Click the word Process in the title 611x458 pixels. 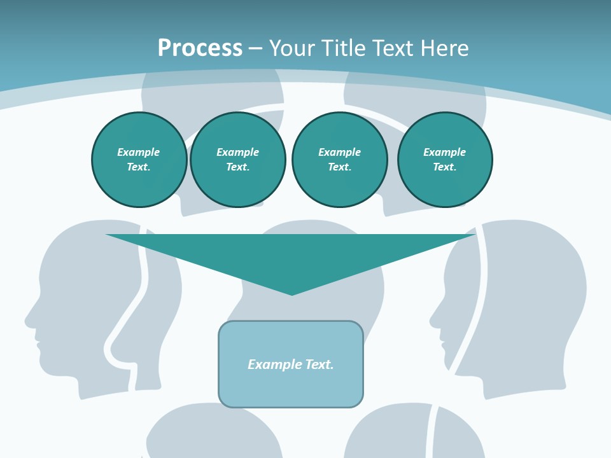tap(200, 48)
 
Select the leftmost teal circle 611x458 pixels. tap(139, 160)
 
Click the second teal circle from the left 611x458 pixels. tap(238, 160)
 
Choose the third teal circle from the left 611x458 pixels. tap(339, 160)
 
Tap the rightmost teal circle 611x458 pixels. tap(445, 160)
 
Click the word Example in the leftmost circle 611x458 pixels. tap(139, 152)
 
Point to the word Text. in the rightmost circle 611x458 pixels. tap(445, 167)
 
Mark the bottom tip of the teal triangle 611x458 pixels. tap(291, 294)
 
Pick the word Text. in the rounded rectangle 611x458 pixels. tap(320, 364)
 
